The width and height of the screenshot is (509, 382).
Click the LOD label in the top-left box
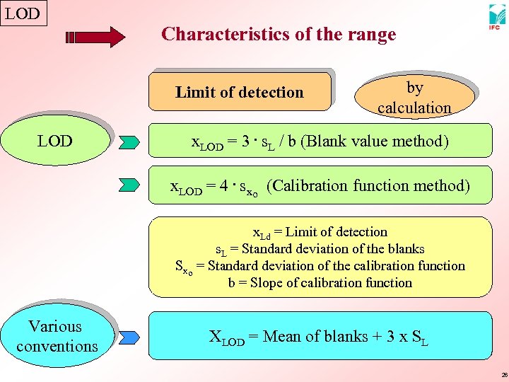point(23,13)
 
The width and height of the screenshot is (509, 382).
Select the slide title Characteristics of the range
point(279,34)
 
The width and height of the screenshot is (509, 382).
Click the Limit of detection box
point(240,92)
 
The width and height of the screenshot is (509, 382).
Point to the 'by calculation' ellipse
point(414,97)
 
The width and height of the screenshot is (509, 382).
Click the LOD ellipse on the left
point(56,141)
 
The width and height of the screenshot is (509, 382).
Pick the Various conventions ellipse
point(57,336)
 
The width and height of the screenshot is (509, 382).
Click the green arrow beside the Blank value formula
point(130,142)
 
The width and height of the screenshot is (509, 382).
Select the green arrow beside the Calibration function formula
point(130,185)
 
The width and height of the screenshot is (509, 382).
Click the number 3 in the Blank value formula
point(244,141)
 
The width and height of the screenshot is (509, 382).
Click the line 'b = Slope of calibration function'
point(320,283)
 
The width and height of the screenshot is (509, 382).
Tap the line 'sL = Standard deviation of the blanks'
point(320,249)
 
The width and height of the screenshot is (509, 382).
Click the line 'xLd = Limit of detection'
point(320,232)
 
